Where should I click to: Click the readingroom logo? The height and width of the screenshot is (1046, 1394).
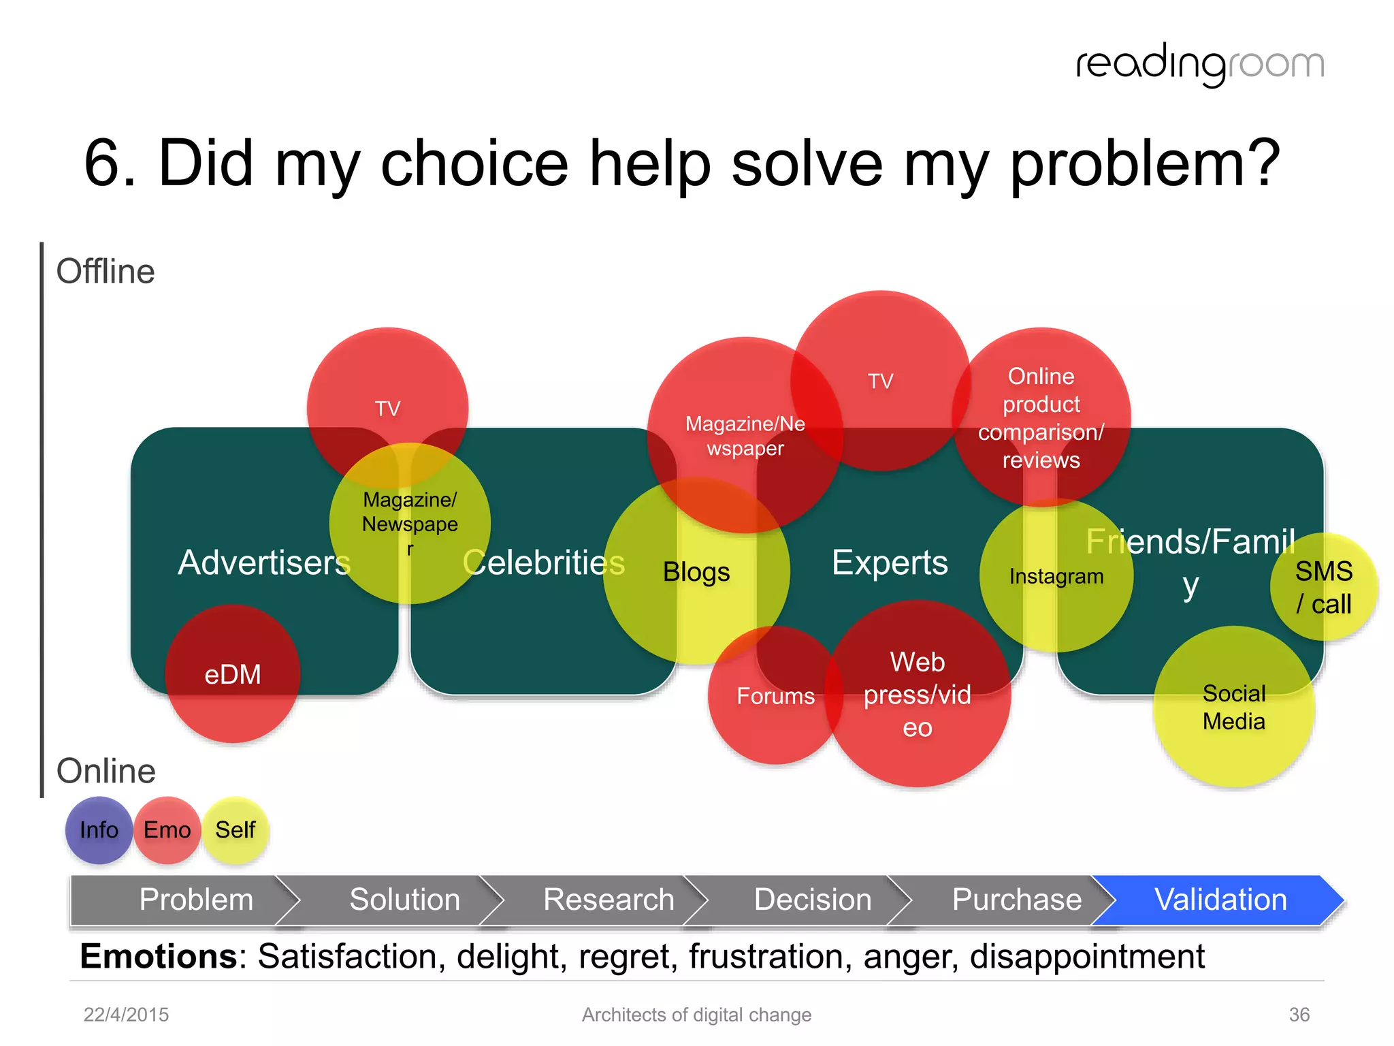pyautogui.click(x=1200, y=65)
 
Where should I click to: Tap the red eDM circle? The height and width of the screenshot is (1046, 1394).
pyautogui.click(x=233, y=674)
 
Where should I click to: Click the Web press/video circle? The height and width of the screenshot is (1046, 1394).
pyautogui.click(x=918, y=695)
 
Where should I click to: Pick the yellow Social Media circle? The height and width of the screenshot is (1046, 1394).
pyautogui.click(x=1233, y=708)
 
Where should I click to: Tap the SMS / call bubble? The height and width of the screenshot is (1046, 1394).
pyautogui.click(x=1324, y=587)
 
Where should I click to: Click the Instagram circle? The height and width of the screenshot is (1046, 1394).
pyautogui.click(x=1056, y=576)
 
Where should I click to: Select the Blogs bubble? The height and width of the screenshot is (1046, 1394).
pyautogui.click(x=696, y=572)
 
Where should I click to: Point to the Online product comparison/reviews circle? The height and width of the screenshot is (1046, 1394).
pyautogui.click(x=1041, y=417)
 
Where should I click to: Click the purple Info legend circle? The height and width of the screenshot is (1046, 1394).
pyautogui.click(x=99, y=830)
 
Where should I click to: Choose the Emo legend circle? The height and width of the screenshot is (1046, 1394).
pyautogui.click(x=167, y=830)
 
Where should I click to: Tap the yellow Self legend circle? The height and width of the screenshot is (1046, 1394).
pyautogui.click(x=236, y=830)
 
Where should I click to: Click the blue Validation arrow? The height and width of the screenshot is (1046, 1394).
pyautogui.click(x=1220, y=900)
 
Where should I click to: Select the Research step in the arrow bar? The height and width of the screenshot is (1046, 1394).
pyautogui.click(x=608, y=900)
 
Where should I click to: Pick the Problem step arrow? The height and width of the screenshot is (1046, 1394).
pyautogui.click(x=195, y=900)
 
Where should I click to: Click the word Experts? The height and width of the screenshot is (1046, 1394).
pyautogui.click(x=890, y=562)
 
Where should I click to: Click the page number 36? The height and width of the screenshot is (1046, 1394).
pyautogui.click(x=1299, y=1015)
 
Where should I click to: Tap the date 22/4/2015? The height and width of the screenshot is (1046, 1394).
pyautogui.click(x=126, y=1015)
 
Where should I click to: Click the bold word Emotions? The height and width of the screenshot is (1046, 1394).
pyautogui.click(x=159, y=956)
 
